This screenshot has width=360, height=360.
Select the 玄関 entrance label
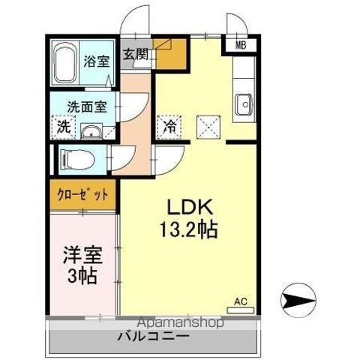tap(136, 55)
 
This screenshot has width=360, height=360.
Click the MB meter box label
tap(241, 44)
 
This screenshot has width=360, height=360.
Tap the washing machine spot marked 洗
tap(63, 127)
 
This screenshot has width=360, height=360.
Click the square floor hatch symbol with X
tap(208, 127)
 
